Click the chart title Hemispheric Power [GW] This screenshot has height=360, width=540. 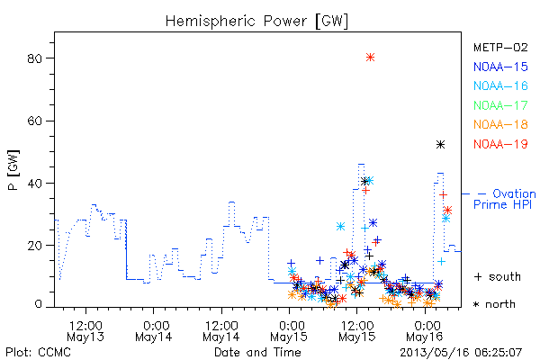(256, 22)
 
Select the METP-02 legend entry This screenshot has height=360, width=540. (500, 47)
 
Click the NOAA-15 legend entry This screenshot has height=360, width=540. (500, 67)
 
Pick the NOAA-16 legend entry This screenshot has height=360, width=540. (500, 85)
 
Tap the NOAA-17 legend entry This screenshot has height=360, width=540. (500, 105)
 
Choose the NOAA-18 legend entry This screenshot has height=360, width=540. (500, 124)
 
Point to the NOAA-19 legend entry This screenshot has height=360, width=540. (500, 144)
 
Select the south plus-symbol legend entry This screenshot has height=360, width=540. (498, 276)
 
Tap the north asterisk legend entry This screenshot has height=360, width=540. (494, 304)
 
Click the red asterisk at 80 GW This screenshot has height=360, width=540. (370, 58)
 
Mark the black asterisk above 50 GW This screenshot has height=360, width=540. (440, 144)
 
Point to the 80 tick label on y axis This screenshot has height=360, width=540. (34, 58)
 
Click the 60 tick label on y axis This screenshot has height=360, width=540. (34, 121)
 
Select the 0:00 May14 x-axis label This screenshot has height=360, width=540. (154, 331)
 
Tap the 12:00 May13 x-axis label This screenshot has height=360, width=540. (85, 331)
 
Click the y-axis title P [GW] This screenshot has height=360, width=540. (13, 170)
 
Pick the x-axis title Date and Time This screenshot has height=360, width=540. (257, 353)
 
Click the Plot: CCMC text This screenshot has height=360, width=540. (38, 353)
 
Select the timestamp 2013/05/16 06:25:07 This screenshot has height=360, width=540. (461, 353)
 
